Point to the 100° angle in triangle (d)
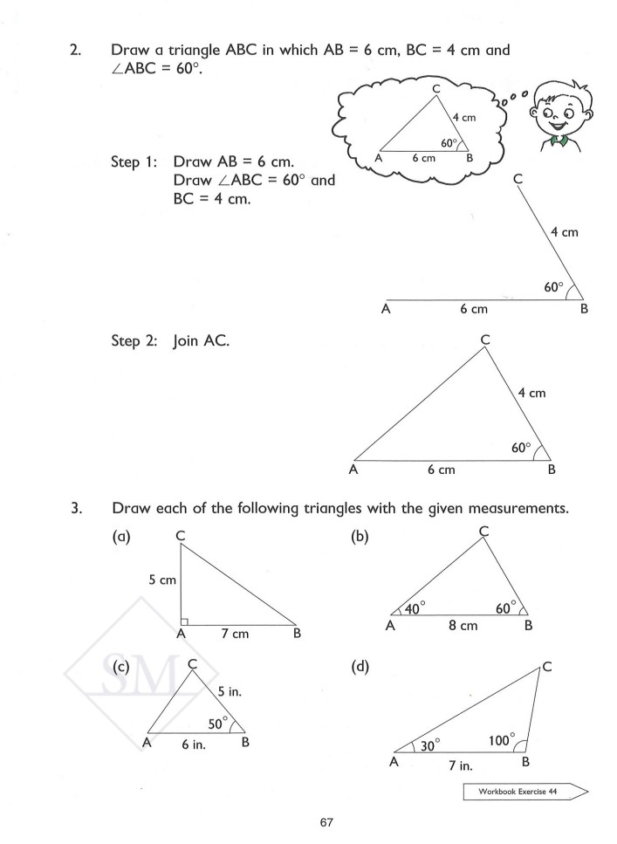click(x=501, y=739)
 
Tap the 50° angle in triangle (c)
click(x=217, y=723)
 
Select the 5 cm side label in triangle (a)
click(x=161, y=579)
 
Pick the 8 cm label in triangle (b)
click(x=462, y=626)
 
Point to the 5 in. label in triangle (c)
click(x=230, y=691)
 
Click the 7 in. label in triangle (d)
click(x=460, y=765)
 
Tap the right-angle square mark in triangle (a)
click(x=183, y=621)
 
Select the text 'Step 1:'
click(x=134, y=162)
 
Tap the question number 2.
click(x=76, y=51)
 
